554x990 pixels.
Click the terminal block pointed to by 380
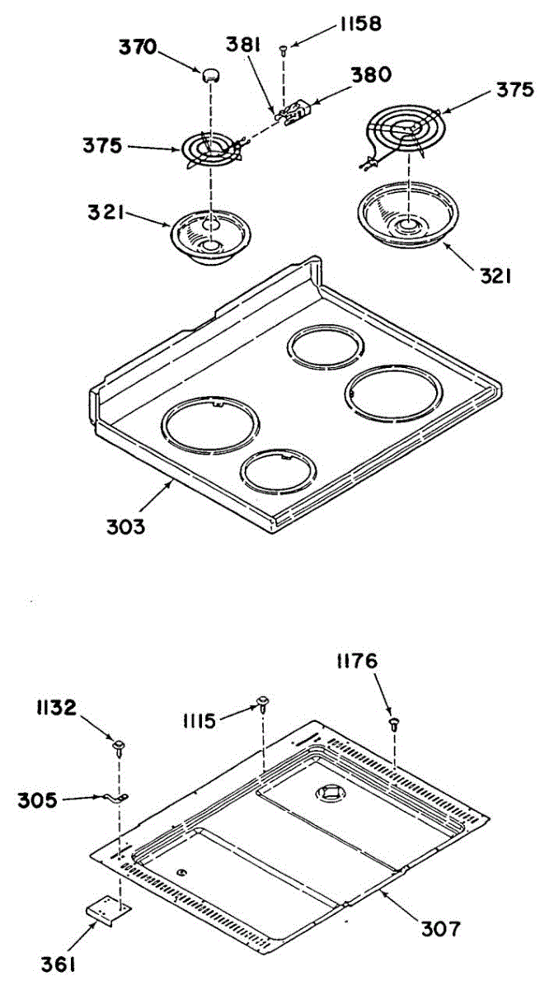pyautogui.click(x=294, y=115)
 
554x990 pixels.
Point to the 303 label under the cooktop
pyautogui.click(x=124, y=524)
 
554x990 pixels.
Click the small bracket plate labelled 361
pyautogui.click(x=109, y=910)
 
